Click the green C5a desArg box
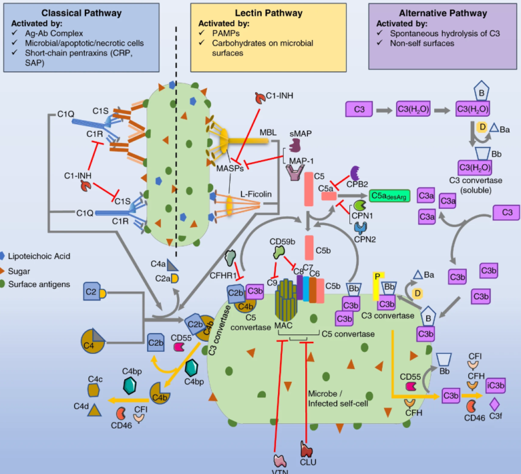(390, 195)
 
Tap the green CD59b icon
(279, 252)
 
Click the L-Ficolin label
(258, 195)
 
